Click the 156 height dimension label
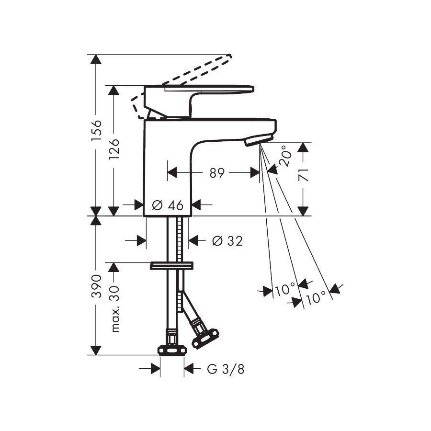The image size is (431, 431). click(96, 130)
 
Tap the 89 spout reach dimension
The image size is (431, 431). click(217, 173)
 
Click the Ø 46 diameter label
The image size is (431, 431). click(168, 205)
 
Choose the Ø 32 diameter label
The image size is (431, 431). click(227, 241)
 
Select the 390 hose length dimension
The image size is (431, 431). click(96, 286)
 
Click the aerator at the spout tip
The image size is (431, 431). click(258, 140)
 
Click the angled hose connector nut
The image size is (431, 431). click(204, 338)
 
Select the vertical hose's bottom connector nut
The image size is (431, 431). click(172, 350)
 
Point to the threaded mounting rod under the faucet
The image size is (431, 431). click(179, 239)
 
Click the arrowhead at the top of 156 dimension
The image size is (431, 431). click(96, 60)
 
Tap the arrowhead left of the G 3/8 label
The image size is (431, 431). click(155, 368)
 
